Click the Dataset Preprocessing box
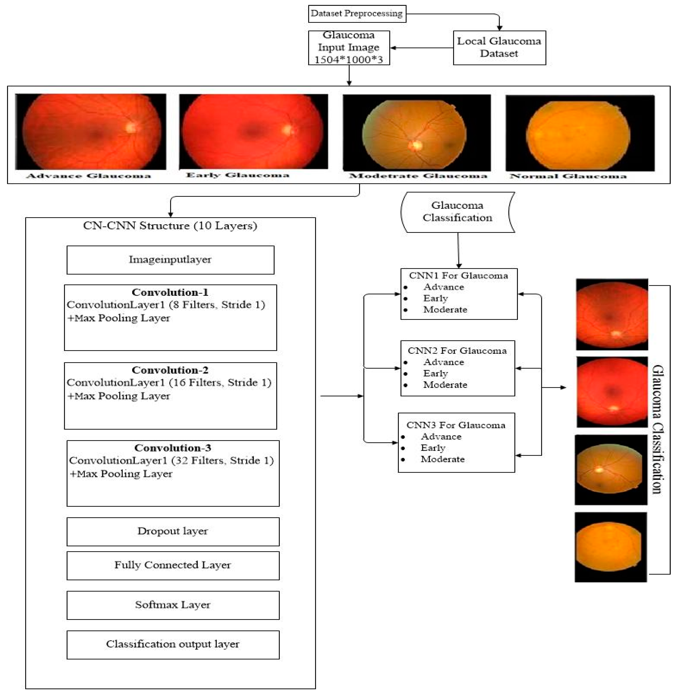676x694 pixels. [357, 14]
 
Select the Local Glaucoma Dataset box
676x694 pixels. [499, 47]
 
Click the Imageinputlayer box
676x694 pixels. [170, 260]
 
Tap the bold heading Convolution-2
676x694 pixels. [170, 370]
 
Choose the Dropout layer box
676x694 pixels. [173, 531]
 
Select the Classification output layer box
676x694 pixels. [173, 644]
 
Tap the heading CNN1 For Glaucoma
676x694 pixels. [458, 276]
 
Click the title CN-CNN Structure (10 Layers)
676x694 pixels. [170, 226]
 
